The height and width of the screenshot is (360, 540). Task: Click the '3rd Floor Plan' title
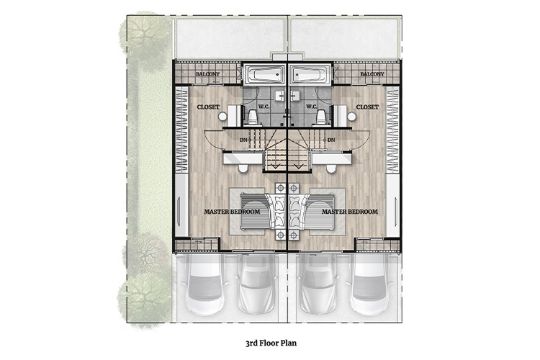(271, 343)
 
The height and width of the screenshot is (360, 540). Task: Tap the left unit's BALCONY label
(207, 73)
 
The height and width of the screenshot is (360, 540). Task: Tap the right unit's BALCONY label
(372, 73)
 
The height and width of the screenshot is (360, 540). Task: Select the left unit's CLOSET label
(208, 107)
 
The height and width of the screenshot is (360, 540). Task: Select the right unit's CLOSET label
(367, 107)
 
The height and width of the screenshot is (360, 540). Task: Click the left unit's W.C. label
(264, 107)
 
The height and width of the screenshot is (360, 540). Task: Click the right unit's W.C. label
(311, 107)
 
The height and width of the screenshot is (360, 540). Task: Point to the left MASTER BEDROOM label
(232, 212)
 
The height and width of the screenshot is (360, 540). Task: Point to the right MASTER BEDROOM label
(350, 212)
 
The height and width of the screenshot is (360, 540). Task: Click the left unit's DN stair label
(243, 140)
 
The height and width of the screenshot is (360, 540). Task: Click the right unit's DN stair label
(331, 140)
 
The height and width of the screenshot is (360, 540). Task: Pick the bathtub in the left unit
(264, 74)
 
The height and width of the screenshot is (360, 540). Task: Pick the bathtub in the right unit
(310, 74)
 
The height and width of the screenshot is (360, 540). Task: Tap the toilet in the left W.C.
(253, 117)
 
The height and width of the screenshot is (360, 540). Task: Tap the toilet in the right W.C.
(322, 117)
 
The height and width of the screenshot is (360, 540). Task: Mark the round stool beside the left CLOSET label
(222, 117)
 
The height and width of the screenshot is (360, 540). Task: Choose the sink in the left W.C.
(279, 96)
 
